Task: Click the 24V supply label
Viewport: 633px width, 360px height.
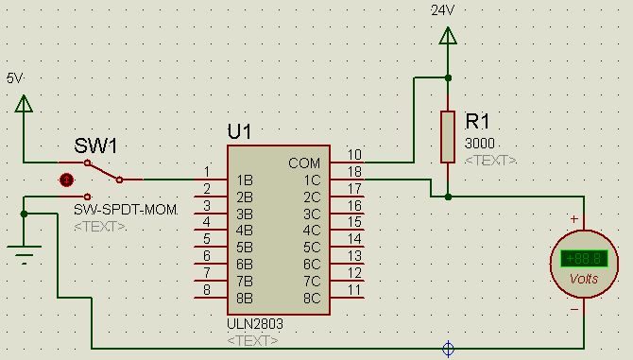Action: [442, 10]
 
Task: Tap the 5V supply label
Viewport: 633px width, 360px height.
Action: [14, 77]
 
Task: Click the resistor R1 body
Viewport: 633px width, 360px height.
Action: [448, 137]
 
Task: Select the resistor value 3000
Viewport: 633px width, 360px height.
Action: [480, 144]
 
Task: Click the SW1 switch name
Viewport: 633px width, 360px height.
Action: [95, 146]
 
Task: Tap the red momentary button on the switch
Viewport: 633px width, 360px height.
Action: [67, 180]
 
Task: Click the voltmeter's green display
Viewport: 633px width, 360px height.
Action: [584, 259]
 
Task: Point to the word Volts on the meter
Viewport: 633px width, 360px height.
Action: [584, 279]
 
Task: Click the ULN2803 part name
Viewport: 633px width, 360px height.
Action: [255, 324]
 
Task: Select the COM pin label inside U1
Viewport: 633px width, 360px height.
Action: [304, 163]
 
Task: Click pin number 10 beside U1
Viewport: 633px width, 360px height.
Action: [354, 155]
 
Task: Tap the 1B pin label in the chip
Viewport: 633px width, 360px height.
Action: [245, 180]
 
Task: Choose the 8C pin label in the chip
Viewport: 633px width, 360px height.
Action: [312, 299]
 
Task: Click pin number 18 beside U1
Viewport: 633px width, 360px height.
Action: [354, 172]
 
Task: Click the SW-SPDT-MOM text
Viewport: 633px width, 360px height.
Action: [126, 210]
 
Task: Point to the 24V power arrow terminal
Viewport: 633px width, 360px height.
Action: [448, 36]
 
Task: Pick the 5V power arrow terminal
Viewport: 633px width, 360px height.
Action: [24, 103]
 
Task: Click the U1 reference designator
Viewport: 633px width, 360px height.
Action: [239, 131]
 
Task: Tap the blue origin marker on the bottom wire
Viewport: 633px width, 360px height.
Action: [448, 349]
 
